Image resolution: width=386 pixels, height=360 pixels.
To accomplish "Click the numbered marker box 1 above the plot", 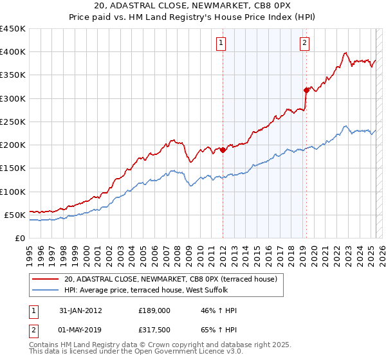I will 221,43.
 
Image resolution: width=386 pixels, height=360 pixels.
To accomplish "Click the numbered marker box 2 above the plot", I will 304,43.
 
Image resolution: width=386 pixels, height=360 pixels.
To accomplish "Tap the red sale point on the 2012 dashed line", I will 223,150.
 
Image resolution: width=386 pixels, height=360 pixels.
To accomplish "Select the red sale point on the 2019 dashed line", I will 306,90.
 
